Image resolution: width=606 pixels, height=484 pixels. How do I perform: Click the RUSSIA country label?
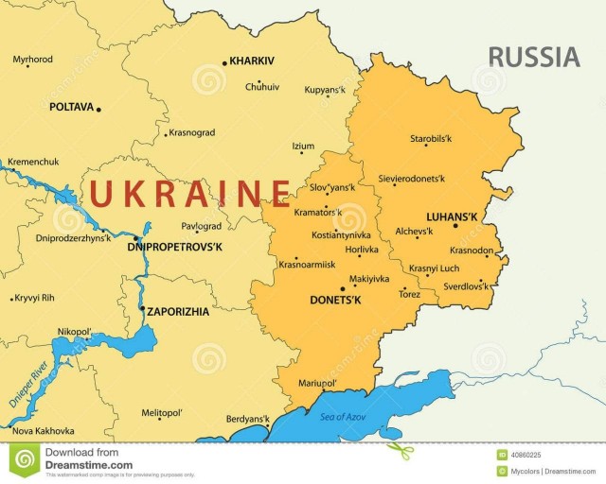(x=534, y=57)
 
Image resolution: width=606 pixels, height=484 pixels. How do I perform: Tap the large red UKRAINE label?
(x=189, y=194)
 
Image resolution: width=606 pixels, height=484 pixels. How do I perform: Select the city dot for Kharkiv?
(x=224, y=63)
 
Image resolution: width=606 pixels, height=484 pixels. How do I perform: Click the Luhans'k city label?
(x=452, y=216)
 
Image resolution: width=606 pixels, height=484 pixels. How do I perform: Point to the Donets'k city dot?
(x=342, y=290)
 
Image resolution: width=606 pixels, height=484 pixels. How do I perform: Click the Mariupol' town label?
(x=317, y=383)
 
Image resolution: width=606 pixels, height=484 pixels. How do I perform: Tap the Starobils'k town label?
(x=431, y=139)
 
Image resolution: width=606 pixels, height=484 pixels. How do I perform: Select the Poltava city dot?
(x=98, y=109)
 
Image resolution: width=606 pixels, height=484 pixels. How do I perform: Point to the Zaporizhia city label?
(x=178, y=311)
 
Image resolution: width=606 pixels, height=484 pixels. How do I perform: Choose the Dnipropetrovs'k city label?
(x=174, y=248)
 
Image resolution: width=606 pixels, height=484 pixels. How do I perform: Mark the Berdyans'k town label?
(x=248, y=419)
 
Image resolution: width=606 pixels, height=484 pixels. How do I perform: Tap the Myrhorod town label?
(x=32, y=60)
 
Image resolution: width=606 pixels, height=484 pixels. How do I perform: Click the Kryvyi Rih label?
(x=35, y=298)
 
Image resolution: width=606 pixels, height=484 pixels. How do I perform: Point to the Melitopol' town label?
(x=161, y=413)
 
